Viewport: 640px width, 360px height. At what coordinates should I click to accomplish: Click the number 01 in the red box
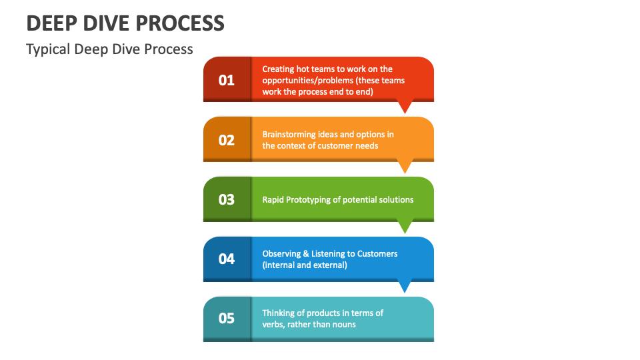coord(227,80)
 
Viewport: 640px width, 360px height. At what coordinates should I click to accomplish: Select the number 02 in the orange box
coord(227,140)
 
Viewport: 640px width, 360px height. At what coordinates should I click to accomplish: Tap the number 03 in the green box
coord(227,199)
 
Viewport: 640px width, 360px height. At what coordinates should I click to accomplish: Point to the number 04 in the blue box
coord(227,259)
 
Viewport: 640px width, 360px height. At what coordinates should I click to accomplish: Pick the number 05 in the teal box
coord(227,319)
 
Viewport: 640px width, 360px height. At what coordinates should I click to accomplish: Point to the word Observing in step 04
coord(281,253)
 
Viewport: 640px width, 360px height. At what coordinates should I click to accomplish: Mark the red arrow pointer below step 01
coord(405,107)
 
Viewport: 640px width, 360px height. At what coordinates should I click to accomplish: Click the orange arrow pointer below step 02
coord(405,166)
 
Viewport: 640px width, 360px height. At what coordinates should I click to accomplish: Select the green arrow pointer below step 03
coord(405,226)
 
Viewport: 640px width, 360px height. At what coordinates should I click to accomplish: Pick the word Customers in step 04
coord(377,253)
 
